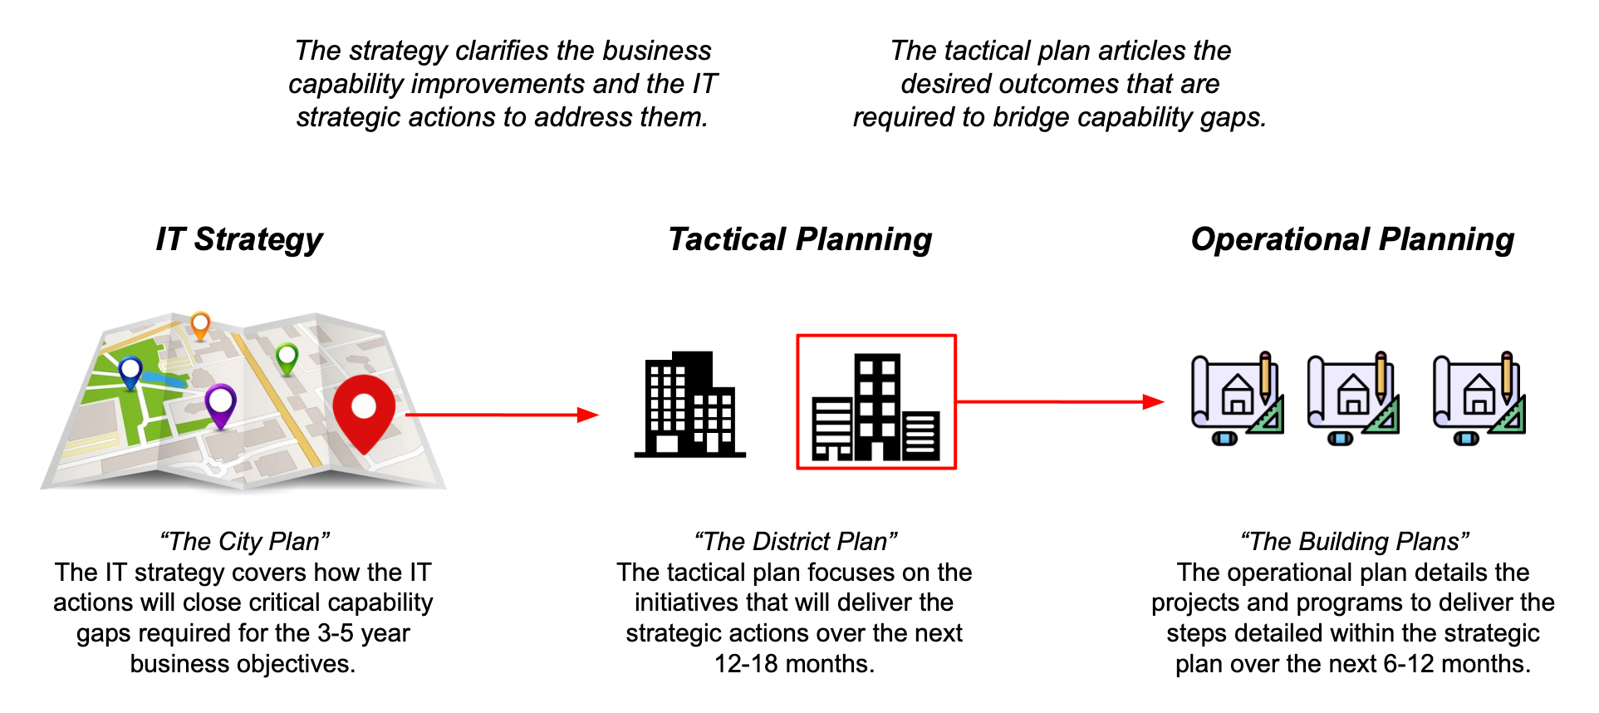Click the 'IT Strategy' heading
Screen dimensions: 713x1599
tap(239, 239)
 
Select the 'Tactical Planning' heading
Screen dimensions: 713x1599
tap(800, 239)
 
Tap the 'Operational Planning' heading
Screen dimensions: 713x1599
tap(1352, 239)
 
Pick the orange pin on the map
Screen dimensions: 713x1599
tap(200, 324)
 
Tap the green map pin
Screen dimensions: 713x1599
tap(287, 358)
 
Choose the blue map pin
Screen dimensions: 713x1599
tap(130, 371)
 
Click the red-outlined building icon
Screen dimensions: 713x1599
tap(876, 403)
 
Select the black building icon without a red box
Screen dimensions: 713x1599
tap(689, 405)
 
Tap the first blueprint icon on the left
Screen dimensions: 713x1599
tap(1237, 398)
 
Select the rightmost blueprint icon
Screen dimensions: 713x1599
tap(1479, 398)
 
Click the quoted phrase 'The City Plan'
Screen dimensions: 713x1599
tap(245, 541)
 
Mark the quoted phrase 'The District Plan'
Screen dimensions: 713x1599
tap(796, 541)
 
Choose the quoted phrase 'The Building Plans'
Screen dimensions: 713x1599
tap(1354, 541)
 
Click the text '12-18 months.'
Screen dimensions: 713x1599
tap(794, 664)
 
